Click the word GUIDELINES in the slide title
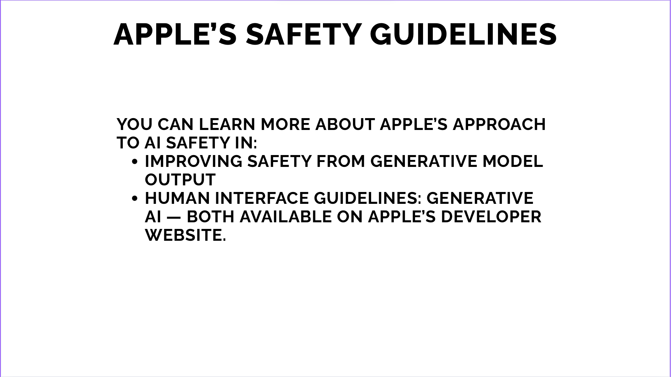coord(463,34)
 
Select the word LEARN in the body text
coord(227,124)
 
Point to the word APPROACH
coord(499,124)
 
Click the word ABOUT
coord(345,124)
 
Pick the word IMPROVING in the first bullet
coord(194,161)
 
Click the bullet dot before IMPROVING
coord(135,162)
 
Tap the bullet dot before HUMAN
coord(135,199)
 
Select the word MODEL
coord(513,161)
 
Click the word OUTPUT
coord(180,180)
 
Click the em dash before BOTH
coord(174,217)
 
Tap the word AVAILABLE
coord(286,217)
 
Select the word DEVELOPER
coord(491,217)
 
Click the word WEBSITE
coord(186,235)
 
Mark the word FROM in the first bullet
coord(341,161)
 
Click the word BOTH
coord(211,217)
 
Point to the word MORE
coord(285,124)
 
